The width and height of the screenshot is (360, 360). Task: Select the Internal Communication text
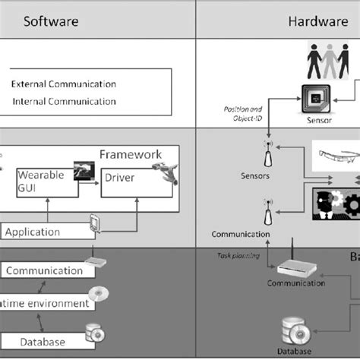coord(63,101)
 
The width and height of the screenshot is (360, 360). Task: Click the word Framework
coord(131,154)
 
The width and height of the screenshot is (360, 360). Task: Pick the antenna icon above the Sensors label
coord(267,156)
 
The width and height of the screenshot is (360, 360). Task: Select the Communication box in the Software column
coord(45,270)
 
